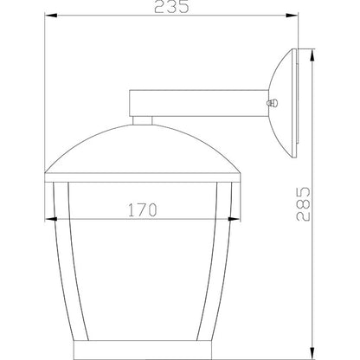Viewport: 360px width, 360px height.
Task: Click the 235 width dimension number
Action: (171, 7)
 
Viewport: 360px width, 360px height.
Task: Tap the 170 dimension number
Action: (143, 210)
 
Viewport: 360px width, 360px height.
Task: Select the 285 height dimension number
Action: (303, 204)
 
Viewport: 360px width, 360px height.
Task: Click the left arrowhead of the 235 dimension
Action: (50, 16)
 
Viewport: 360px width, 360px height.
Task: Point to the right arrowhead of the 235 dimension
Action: (292, 16)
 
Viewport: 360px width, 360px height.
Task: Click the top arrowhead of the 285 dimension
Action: (312, 55)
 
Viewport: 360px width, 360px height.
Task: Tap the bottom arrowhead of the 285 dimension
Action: (312, 353)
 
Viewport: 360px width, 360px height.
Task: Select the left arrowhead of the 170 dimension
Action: (51, 219)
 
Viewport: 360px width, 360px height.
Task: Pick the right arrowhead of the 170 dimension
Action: (234, 219)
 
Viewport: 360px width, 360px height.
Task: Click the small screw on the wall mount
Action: (273, 103)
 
